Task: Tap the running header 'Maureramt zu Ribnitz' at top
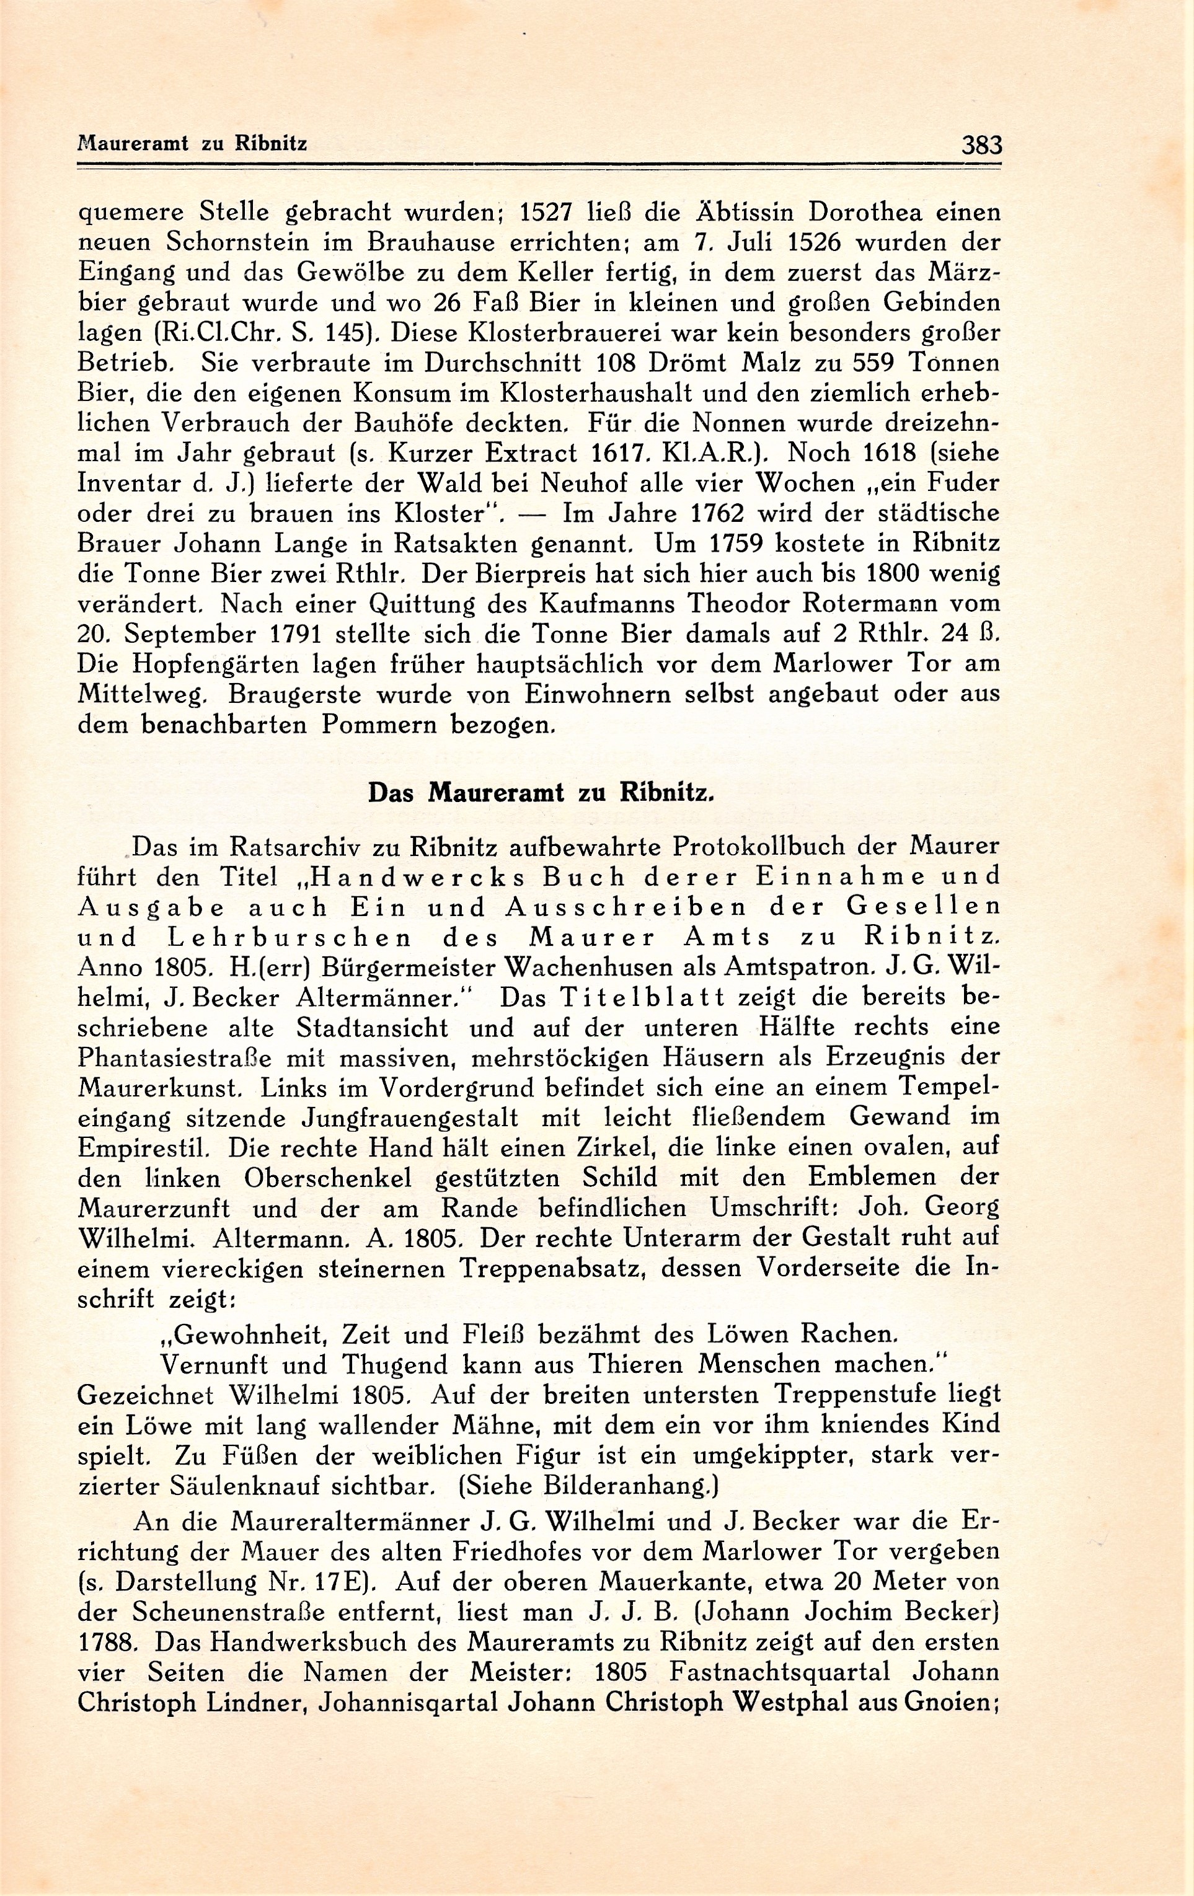192,144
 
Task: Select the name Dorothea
865,213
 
